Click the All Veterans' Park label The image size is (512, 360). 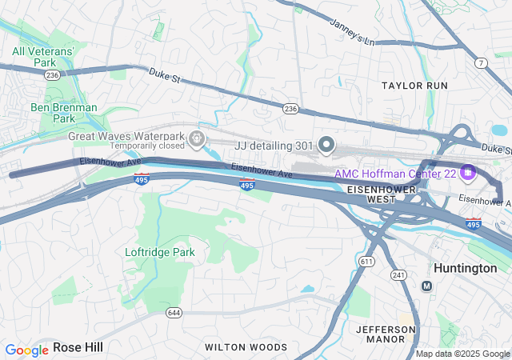point(43,57)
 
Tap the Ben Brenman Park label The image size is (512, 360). point(63,113)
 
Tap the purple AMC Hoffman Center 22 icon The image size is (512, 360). point(469,172)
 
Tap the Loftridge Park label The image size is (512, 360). point(160,252)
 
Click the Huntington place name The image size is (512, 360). point(465,268)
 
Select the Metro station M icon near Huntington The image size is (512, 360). point(426,286)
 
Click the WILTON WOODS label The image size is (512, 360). point(246,347)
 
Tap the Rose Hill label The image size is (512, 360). point(78,347)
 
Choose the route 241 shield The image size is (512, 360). point(398,274)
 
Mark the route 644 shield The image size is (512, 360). point(173,311)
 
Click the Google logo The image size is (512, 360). point(26,350)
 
